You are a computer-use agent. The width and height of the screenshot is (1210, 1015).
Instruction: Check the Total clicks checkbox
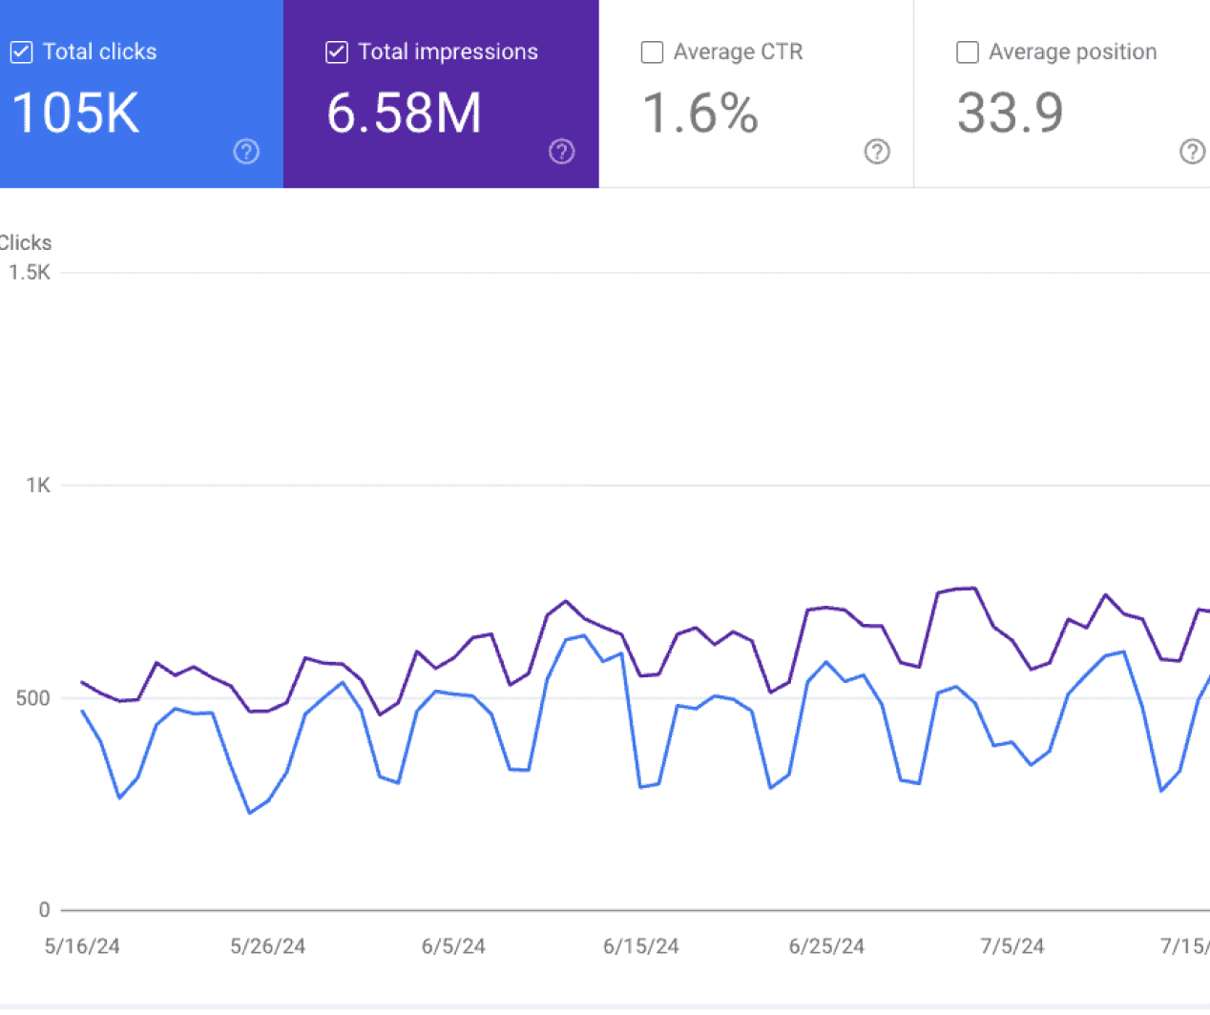[21, 52]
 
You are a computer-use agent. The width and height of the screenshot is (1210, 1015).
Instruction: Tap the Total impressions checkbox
[337, 52]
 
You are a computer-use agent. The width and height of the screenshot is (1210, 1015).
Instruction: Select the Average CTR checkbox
[652, 52]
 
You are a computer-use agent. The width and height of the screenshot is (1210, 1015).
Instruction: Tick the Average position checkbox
[968, 52]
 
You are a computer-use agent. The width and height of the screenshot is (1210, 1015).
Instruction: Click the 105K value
[75, 113]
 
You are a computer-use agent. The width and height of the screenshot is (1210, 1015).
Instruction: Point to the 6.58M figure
[404, 113]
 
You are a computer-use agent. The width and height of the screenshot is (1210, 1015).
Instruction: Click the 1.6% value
[699, 113]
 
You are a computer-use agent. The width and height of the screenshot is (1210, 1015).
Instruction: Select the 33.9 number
[1010, 113]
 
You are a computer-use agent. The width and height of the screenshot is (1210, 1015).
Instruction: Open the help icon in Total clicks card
[246, 152]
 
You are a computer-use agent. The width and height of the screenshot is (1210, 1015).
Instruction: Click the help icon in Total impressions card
[562, 152]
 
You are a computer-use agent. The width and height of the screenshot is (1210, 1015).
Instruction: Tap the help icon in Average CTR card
[877, 152]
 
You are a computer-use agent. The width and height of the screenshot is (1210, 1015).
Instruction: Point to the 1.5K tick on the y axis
[30, 273]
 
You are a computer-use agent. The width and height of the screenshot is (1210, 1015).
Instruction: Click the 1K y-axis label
[38, 486]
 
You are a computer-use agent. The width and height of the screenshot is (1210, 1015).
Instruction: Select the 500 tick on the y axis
[32, 698]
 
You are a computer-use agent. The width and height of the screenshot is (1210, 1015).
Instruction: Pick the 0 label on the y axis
[44, 910]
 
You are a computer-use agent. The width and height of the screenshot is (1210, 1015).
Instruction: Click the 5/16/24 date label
[82, 946]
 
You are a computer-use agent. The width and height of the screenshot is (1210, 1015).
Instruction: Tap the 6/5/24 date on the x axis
[453, 946]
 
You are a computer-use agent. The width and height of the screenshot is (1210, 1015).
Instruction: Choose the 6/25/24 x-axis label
[826, 946]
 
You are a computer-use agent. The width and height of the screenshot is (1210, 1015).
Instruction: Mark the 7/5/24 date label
[1012, 946]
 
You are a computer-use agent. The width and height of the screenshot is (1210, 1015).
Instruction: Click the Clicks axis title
[26, 243]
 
